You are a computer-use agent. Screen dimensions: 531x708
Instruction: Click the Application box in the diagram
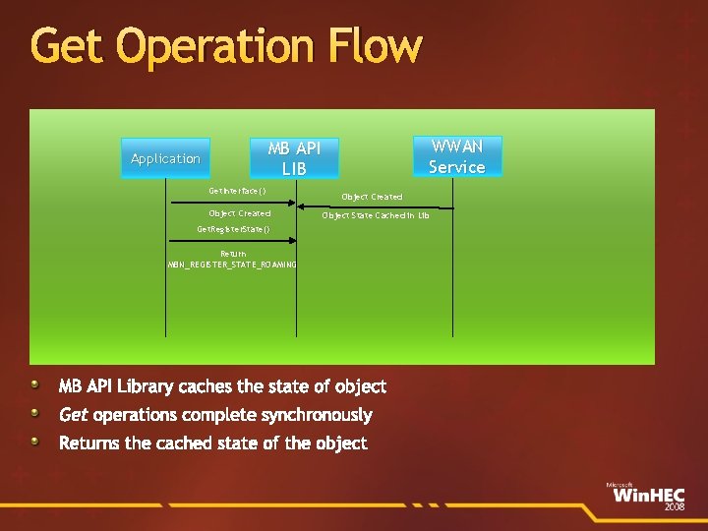(x=165, y=158)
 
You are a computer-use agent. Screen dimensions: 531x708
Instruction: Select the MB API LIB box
(x=294, y=158)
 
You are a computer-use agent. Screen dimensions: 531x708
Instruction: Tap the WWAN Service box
(x=457, y=156)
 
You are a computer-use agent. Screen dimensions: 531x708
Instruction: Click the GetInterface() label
(x=237, y=191)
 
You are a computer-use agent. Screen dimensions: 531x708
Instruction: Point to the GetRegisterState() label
(x=233, y=229)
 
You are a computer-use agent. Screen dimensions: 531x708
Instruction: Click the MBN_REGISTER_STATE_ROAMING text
(x=233, y=265)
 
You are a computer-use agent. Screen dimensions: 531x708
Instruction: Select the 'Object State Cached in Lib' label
(x=376, y=214)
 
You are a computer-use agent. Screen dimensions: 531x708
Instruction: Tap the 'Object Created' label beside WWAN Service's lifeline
(x=372, y=197)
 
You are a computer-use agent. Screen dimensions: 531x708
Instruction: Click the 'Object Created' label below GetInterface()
(x=239, y=213)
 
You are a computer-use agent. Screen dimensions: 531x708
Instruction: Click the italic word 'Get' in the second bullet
(x=74, y=415)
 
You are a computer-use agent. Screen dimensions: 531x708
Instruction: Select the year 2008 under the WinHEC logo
(x=674, y=506)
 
